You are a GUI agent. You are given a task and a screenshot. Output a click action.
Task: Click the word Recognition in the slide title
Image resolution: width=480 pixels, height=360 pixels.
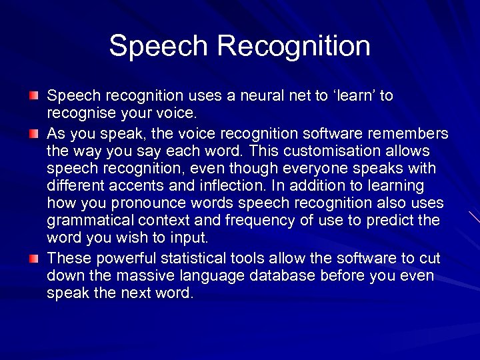293,47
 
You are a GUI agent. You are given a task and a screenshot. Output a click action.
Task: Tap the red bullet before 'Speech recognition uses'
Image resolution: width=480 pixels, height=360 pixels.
34,97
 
